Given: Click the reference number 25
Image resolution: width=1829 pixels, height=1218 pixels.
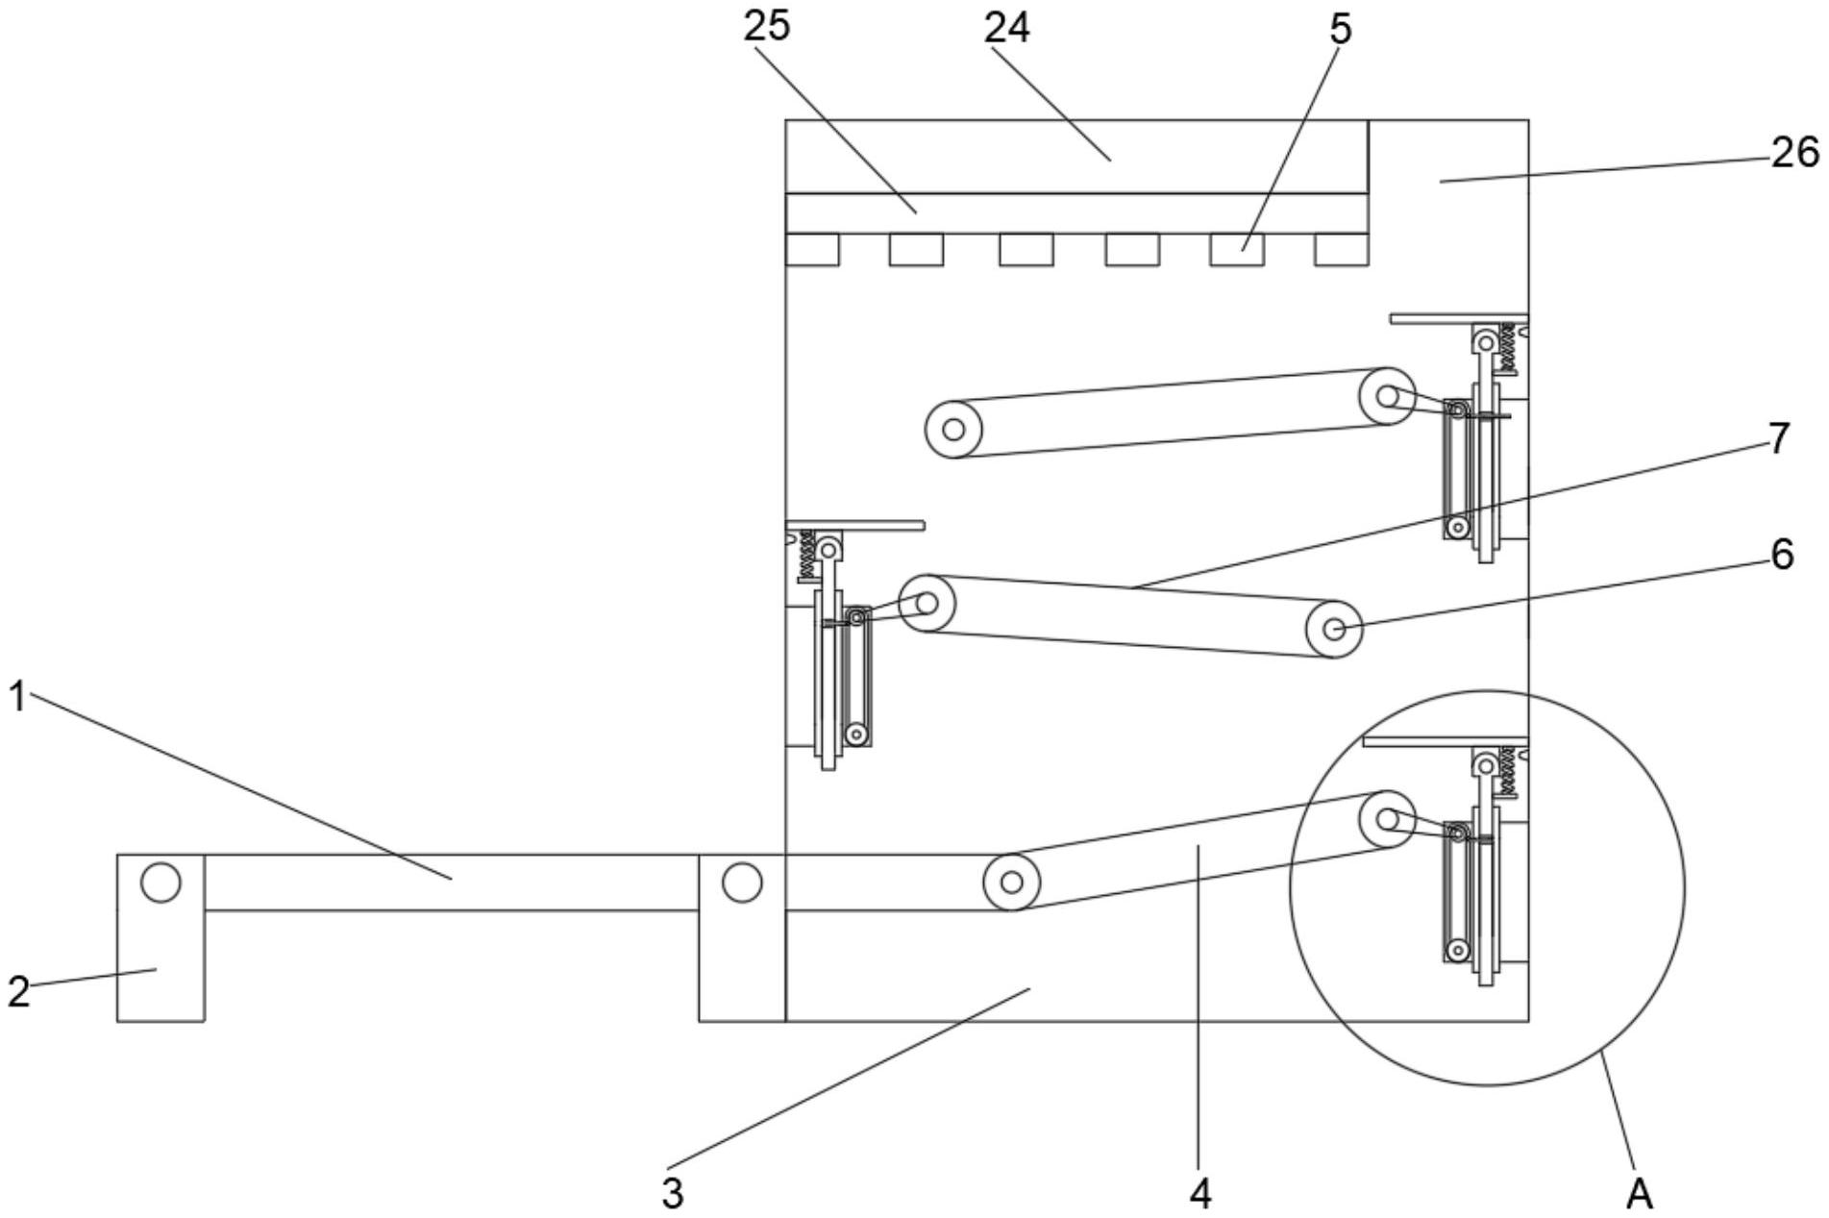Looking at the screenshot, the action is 766,26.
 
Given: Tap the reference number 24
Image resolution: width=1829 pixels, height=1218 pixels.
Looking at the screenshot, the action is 1006,28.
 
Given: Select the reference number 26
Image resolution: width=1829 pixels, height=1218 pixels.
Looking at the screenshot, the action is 1794,152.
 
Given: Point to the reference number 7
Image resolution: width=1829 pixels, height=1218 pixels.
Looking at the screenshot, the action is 1779,438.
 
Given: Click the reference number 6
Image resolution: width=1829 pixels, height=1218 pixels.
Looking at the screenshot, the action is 1781,555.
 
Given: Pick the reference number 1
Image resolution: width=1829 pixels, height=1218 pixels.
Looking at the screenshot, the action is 16,696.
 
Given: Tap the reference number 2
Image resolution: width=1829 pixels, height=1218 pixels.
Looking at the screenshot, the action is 18,991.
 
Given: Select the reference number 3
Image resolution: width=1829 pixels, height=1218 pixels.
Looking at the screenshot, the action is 673,1193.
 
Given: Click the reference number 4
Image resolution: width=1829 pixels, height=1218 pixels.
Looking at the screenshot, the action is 1200,1193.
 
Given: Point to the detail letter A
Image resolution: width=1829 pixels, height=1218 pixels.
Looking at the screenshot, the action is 1639,1194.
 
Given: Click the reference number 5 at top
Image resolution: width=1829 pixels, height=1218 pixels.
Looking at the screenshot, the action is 1340,29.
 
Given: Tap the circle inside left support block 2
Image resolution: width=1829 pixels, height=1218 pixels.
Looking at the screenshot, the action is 161,882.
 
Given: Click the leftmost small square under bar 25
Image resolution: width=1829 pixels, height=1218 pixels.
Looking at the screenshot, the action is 812,249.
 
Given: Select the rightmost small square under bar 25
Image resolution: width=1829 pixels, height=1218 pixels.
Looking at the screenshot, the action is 1341,249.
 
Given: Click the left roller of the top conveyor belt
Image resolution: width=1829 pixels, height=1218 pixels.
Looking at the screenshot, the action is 953,429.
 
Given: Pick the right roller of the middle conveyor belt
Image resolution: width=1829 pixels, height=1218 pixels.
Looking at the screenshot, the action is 1334,629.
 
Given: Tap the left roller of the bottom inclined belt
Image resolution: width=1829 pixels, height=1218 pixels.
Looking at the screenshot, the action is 1010,881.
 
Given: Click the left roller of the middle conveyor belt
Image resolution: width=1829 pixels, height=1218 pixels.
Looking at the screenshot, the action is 927,604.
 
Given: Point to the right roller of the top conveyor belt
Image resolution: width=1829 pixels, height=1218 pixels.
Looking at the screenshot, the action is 1387,396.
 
